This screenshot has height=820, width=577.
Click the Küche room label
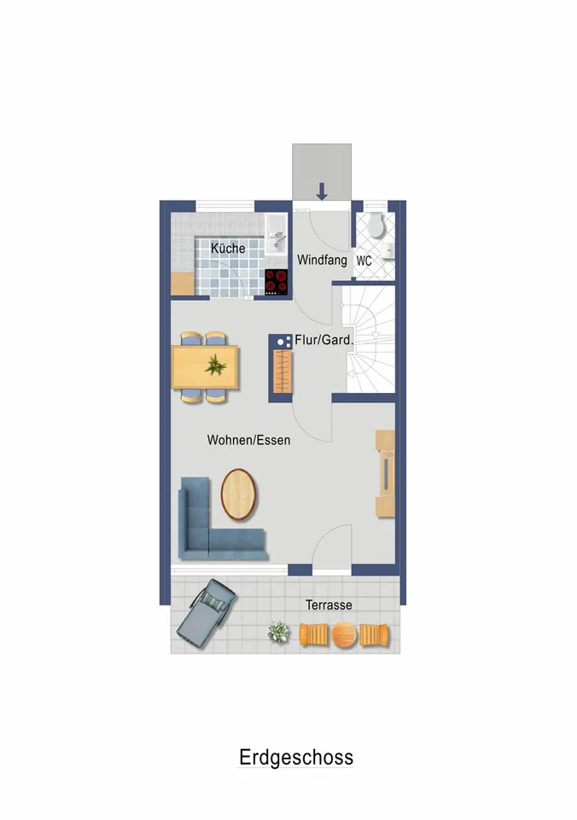click(228, 248)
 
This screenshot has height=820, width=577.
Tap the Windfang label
click(322, 260)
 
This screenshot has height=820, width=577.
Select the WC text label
click(364, 261)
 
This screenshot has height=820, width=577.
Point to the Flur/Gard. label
click(324, 340)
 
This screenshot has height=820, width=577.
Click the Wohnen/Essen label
click(248, 440)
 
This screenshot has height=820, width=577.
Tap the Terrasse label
click(329, 605)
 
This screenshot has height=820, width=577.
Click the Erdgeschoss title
click(296, 758)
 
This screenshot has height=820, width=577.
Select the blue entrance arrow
click(322, 191)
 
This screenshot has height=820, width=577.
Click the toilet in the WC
click(376, 225)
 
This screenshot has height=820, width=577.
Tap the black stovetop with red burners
click(277, 282)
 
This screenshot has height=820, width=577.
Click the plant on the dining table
click(215, 365)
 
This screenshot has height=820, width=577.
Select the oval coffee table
click(239, 495)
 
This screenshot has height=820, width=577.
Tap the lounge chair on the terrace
click(206, 613)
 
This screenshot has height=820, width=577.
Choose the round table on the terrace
click(345, 635)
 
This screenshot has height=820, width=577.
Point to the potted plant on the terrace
click(278, 632)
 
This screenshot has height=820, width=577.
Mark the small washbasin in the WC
click(387, 250)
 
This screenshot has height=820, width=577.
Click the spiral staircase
click(369, 339)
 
